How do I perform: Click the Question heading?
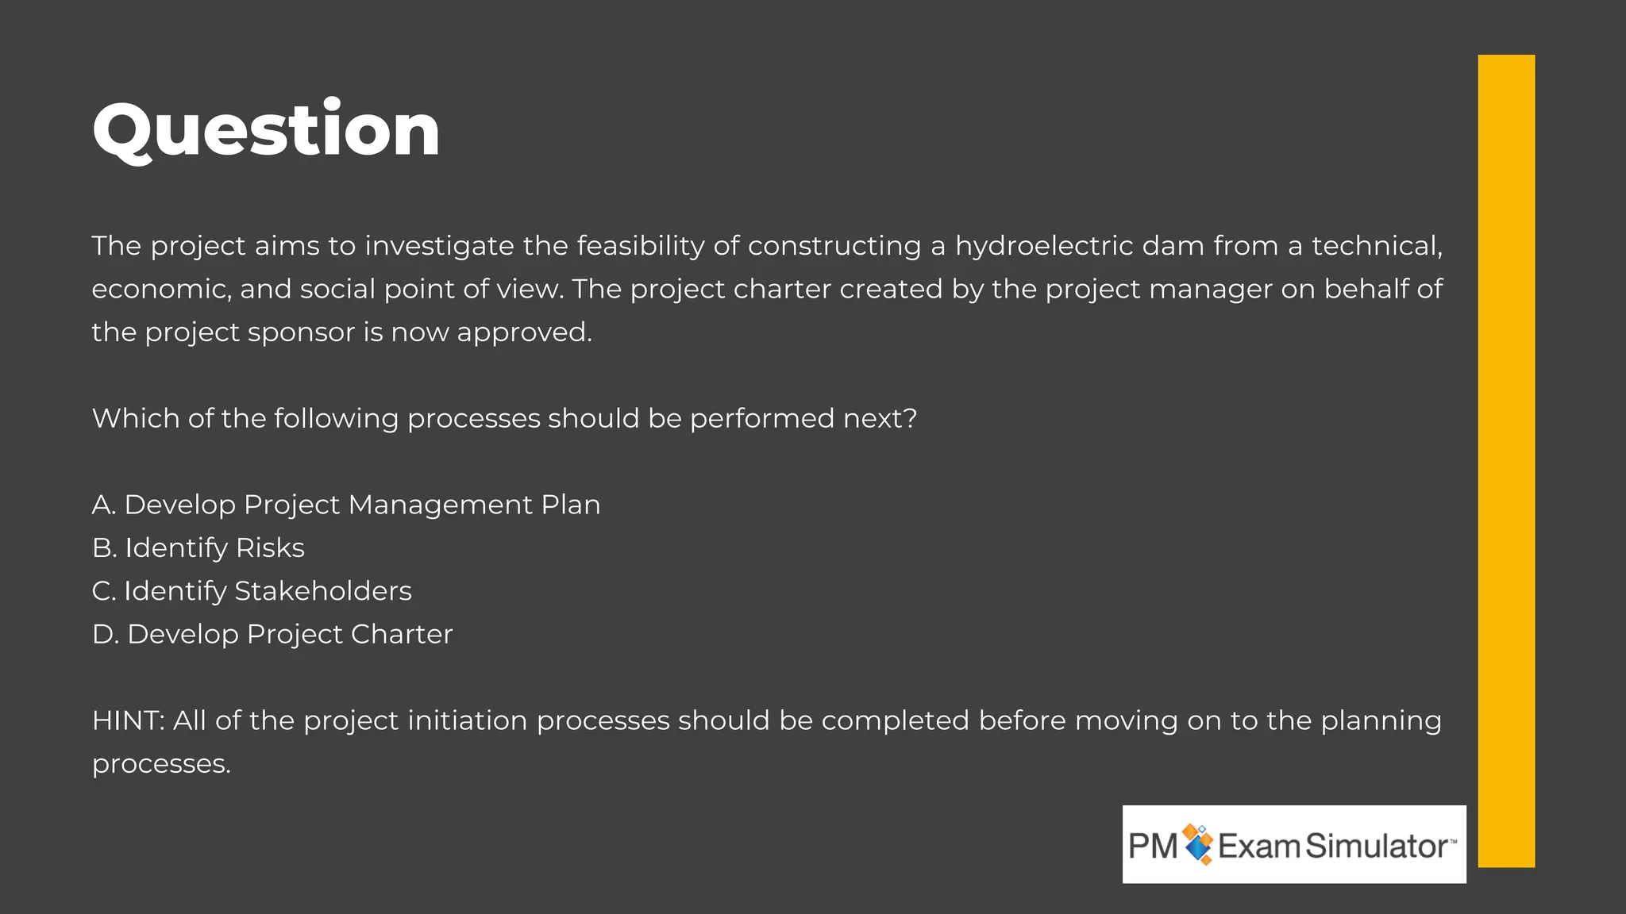(x=266, y=129)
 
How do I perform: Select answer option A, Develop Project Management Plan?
(x=346, y=505)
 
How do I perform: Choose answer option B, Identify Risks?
(x=198, y=548)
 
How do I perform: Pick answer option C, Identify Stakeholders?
(x=252, y=592)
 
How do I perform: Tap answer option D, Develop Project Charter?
(x=272, y=635)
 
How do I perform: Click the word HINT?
(x=128, y=720)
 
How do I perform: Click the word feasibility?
(x=640, y=246)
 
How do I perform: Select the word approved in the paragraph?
(x=524, y=332)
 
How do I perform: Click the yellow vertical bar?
(x=1506, y=460)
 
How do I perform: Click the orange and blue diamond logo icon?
(x=1198, y=844)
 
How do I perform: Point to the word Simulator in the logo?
(x=1376, y=846)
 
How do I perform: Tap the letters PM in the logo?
(x=1153, y=846)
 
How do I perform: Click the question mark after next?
(x=911, y=418)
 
